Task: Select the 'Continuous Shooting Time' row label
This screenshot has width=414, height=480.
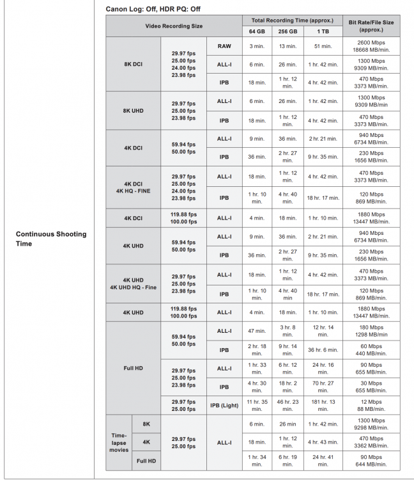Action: pyautogui.click(x=50, y=238)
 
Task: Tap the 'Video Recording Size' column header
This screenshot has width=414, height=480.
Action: pyautogui.click(x=174, y=26)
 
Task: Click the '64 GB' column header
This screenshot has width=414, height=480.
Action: pyautogui.click(x=256, y=31)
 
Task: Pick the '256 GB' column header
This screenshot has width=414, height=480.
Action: pyautogui.click(x=287, y=31)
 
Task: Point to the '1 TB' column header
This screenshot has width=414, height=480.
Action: pyautogui.click(x=323, y=31)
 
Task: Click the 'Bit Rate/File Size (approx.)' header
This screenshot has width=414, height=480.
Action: pyautogui.click(x=371, y=26)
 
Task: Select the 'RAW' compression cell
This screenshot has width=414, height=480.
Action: pyautogui.click(x=224, y=46)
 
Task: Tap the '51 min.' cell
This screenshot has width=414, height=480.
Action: pyautogui.click(x=323, y=46)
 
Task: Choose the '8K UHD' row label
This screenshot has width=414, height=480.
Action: pyautogui.click(x=133, y=110)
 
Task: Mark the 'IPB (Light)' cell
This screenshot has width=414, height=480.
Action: pyautogui.click(x=224, y=405)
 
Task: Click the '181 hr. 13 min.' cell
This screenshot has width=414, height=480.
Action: pyautogui.click(x=323, y=405)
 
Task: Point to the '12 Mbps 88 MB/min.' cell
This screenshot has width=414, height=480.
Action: pyautogui.click(x=371, y=405)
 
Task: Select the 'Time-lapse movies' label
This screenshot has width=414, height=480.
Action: pyautogui.click(x=119, y=442)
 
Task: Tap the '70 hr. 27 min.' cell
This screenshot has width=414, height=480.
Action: pyautogui.click(x=323, y=387)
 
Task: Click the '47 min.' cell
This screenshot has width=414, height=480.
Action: pyautogui.click(x=256, y=331)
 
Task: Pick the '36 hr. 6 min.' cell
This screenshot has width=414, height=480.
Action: pyautogui.click(x=323, y=349)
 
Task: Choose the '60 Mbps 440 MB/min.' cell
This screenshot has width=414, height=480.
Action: pyautogui.click(x=371, y=349)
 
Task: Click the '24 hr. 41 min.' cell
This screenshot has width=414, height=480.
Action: pyautogui.click(x=323, y=461)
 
